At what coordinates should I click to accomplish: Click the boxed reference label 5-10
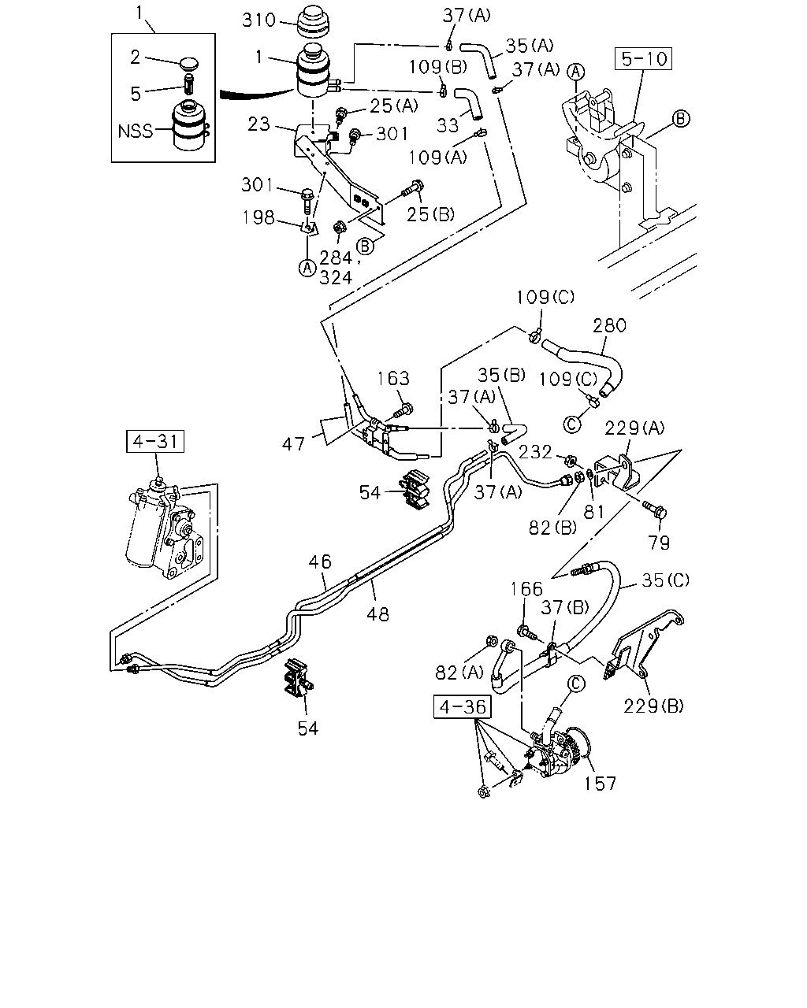pos(643,59)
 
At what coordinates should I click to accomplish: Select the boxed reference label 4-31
pos(155,441)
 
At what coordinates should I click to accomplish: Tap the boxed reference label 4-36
pos(462,707)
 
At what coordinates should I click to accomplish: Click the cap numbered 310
pos(313,22)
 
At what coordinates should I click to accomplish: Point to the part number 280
pos(609,325)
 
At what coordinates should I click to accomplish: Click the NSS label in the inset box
pos(135,132)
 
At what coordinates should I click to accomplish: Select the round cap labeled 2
pos(189,64)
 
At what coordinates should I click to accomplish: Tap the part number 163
pos(393,378)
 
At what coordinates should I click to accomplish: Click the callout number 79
pos(659,543)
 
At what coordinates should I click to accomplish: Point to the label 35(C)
pos(665,580)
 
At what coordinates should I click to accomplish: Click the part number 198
pos(258,217)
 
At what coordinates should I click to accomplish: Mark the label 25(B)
pos(430,214)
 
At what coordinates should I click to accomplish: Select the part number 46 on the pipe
pos(320,561)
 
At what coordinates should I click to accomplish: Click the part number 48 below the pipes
pos(378,614)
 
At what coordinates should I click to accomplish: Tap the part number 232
pos(535,451)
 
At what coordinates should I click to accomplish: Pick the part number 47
pos(293,444)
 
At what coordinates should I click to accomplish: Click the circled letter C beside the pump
pos(576,684)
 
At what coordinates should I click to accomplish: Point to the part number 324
pos(336,278)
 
